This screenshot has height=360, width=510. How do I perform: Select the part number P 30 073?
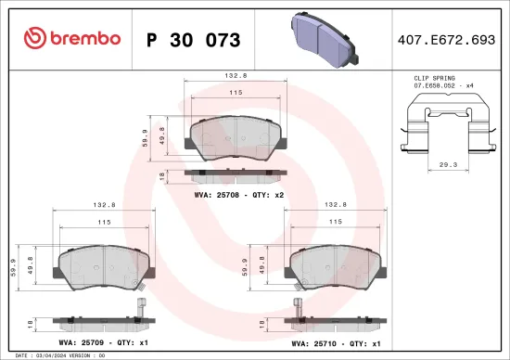194,40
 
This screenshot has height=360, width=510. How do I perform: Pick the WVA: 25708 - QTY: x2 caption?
236,195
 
